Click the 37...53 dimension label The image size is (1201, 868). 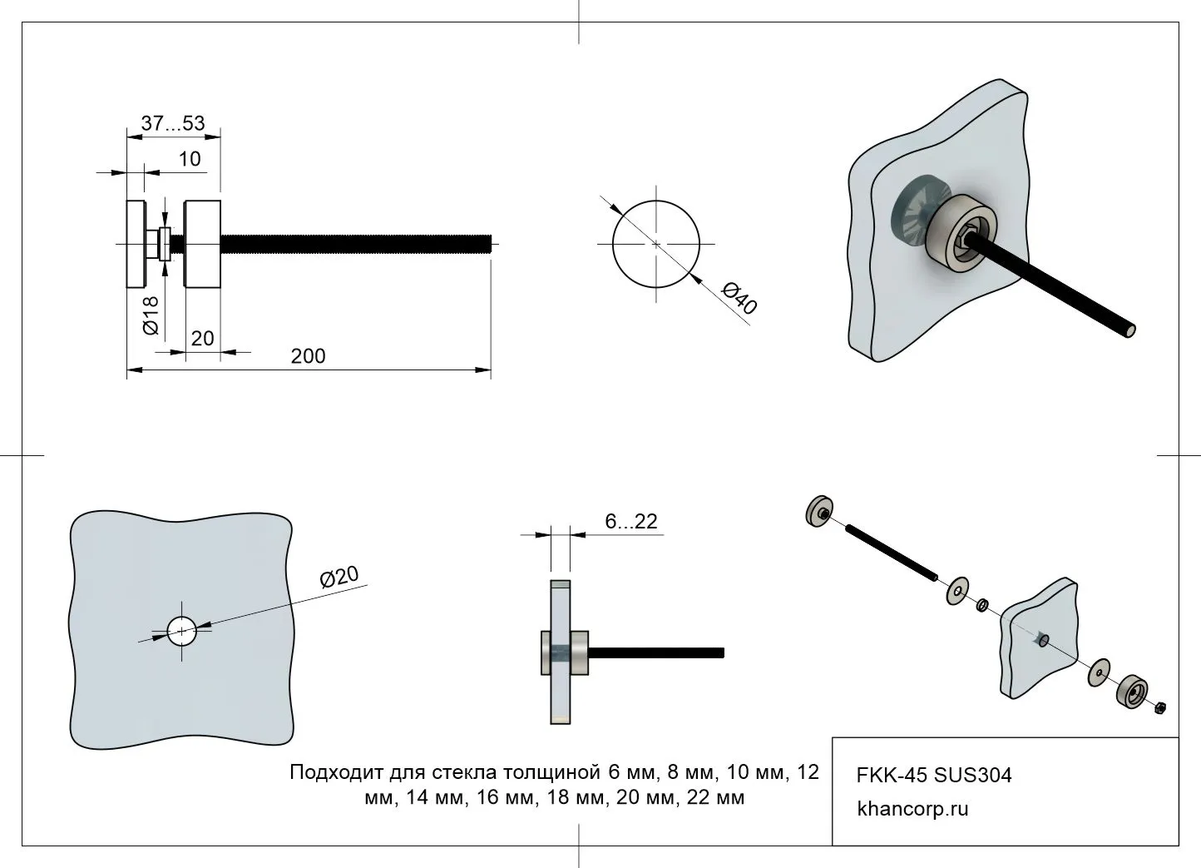(x=172, y=123)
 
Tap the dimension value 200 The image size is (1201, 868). (x=308, y=356)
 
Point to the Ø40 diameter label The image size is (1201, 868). (x=739, y=299)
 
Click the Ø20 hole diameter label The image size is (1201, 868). (x=339, y=576)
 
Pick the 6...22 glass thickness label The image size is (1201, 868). (x=631, y=522)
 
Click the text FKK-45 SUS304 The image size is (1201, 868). (x=934, y=776)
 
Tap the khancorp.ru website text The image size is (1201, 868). (x=912, y=809)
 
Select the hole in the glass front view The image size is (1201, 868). (x=181, y=632)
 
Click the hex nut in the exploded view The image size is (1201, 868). (x=1161, y=707)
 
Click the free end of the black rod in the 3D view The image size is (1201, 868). (x=1129, y=331)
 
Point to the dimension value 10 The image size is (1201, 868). (x=190, y=159)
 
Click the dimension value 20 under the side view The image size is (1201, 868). (x=202, y=339)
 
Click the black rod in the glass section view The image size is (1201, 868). (x=657, y=652)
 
